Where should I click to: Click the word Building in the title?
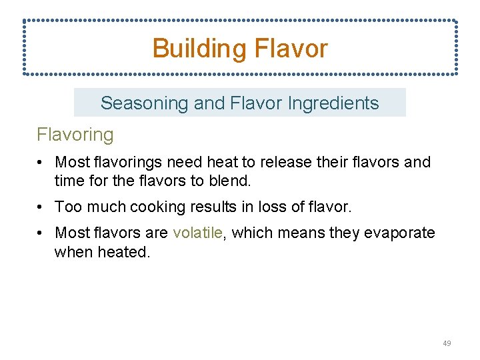pos(197,49)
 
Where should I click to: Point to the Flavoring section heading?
pos(75,135)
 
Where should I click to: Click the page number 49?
pos(447,343)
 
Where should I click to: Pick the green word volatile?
pos(197,233)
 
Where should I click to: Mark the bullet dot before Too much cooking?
pos(41,207)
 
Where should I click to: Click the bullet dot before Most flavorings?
pos(41,162)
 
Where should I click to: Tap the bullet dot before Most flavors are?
pos(41,233)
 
